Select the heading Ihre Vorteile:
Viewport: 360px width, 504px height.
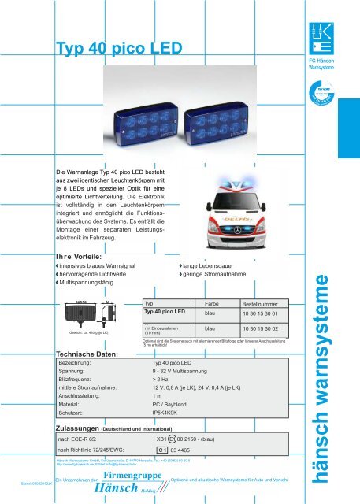click(81, 264)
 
